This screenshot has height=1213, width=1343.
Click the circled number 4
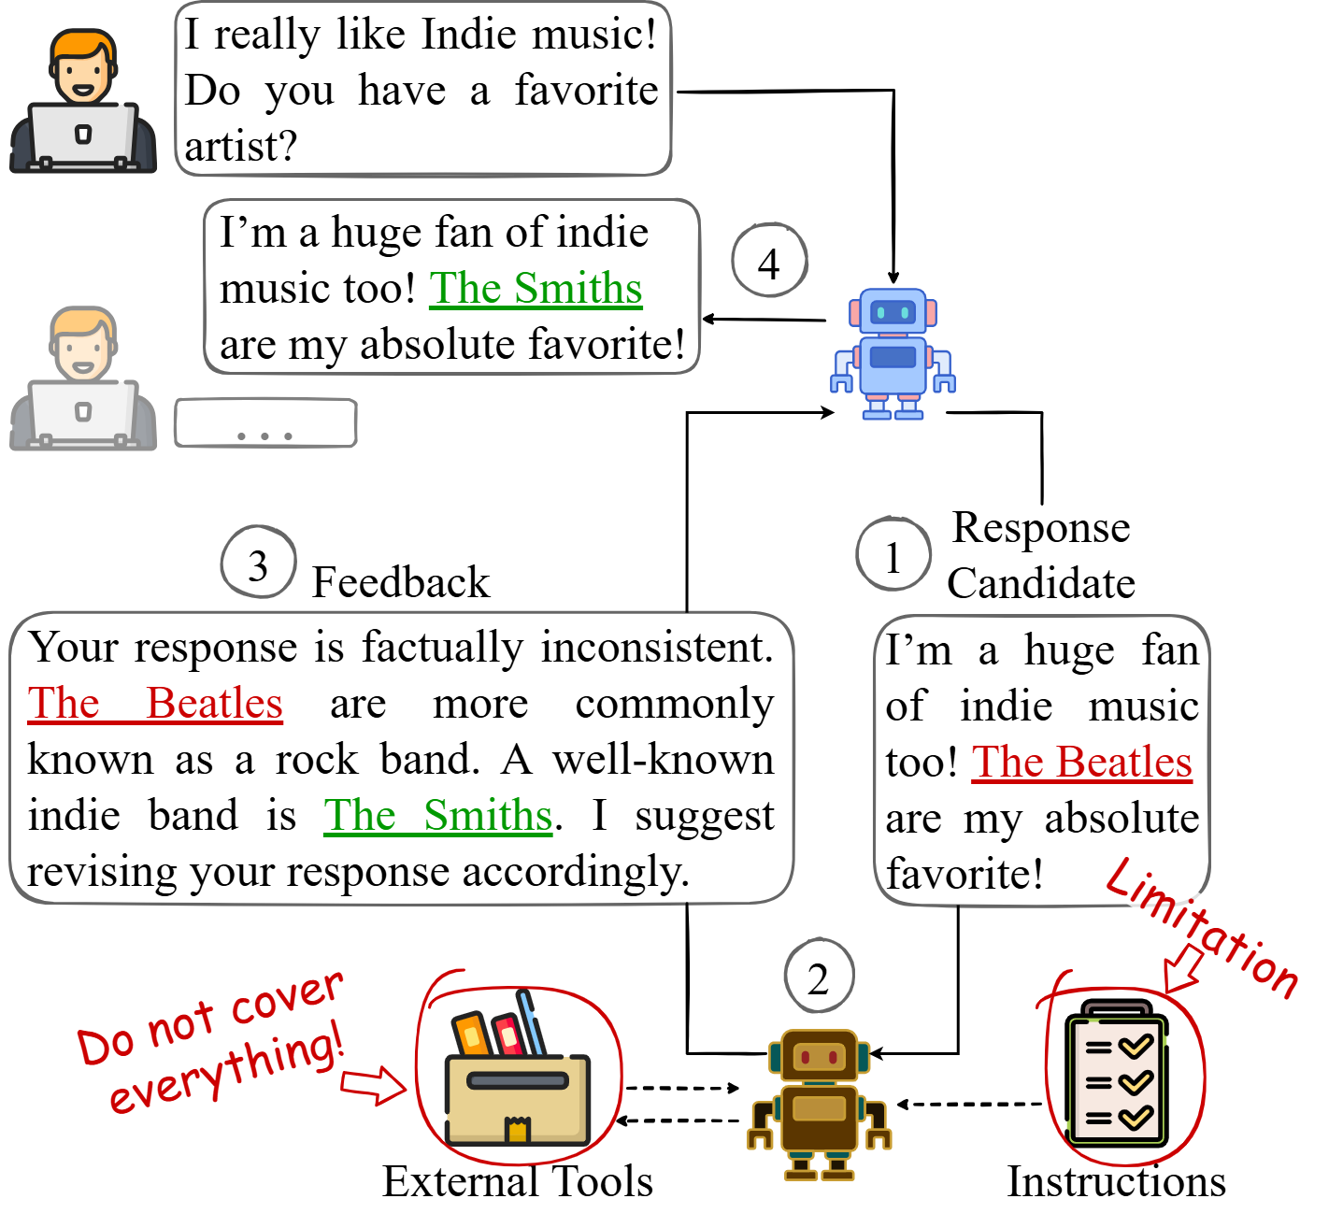click(768, 261)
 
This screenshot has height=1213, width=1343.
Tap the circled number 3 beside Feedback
click(258, 564)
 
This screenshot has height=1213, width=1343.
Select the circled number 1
click(893, 554)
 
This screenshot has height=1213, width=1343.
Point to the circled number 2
click(819, 977)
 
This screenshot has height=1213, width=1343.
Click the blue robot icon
click(893, 354)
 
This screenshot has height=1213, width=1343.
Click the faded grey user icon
click(82, 378)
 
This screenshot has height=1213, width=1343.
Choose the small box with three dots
click(265, 423)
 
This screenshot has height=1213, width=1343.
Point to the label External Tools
click(517, 1181)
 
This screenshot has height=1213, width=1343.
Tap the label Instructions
click(1116, 1181)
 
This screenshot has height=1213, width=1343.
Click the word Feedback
click(400, 582)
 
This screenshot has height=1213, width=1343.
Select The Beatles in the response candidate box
click(1081, 762)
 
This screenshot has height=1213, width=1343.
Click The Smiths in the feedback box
click(438, 815)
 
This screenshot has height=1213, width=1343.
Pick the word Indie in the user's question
click(468, 35)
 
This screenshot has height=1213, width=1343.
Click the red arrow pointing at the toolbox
click(373, 1086)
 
